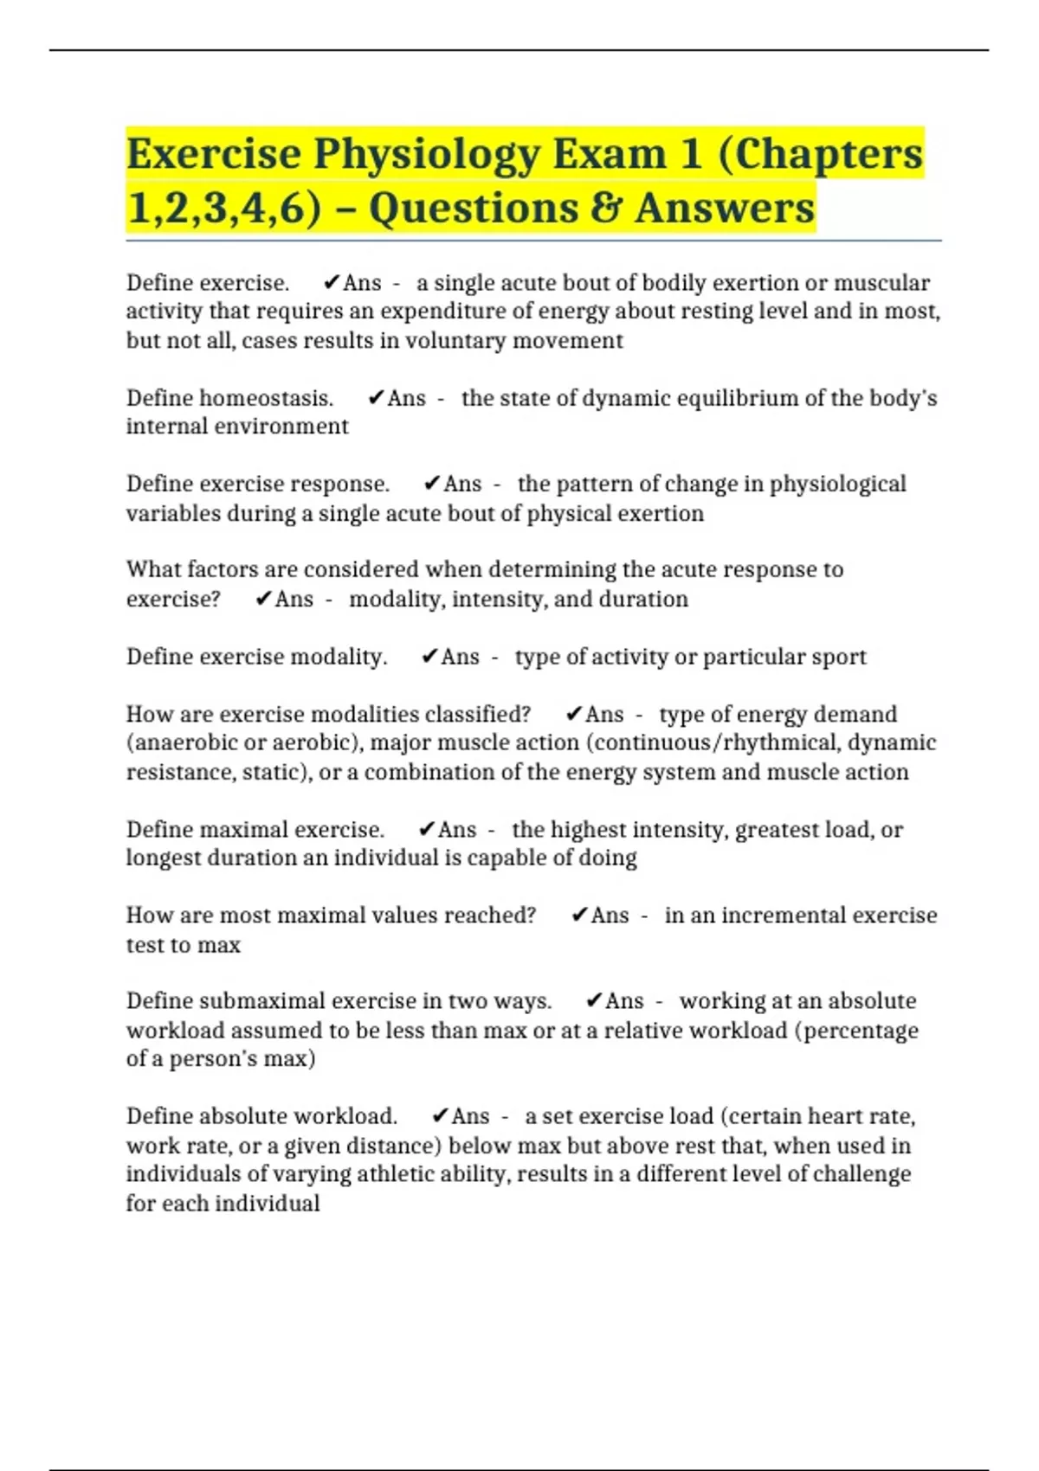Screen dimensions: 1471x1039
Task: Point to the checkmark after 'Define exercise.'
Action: tap(331, 283)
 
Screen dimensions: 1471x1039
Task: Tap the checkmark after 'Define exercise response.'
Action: tap(432, 484)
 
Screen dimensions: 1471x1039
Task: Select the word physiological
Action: tap(837, 484)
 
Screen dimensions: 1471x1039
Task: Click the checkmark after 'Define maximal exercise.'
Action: tap(427, 830)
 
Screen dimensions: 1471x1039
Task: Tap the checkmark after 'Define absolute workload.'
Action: tap(440, 1116)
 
